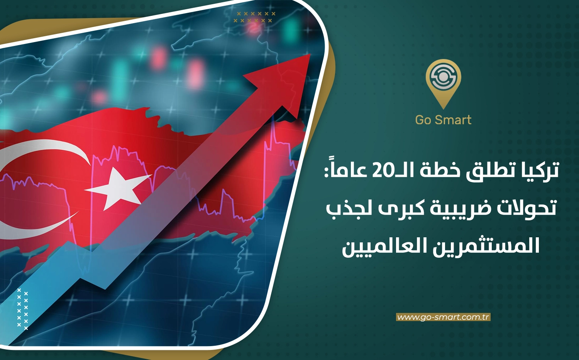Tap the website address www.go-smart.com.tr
tap(443, 317)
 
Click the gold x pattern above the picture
tap(254, 17)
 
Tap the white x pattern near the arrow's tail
tap(22, 309)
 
